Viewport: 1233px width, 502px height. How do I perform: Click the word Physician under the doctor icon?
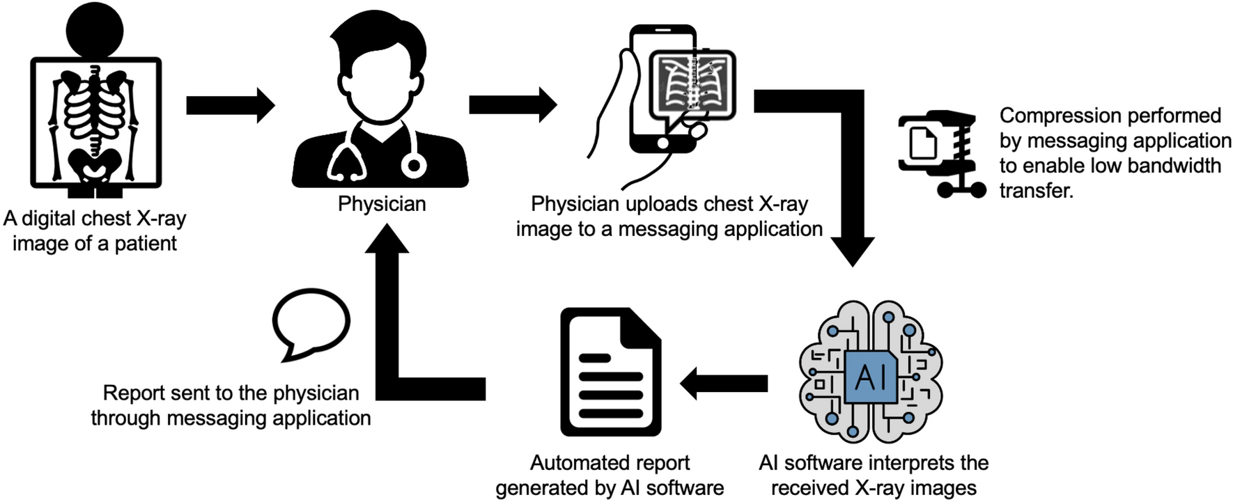tap(382, 204)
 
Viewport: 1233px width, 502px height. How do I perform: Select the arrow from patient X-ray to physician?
tap(230, 106)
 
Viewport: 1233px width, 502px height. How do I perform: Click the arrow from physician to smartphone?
tap(513, 105)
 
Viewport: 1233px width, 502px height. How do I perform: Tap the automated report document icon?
tap(610, 372)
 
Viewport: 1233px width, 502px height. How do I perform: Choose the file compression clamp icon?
tap(940, 154)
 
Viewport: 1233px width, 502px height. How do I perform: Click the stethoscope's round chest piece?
tap(414, 166)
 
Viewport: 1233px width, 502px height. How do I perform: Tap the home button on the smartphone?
tap(662, 143)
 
